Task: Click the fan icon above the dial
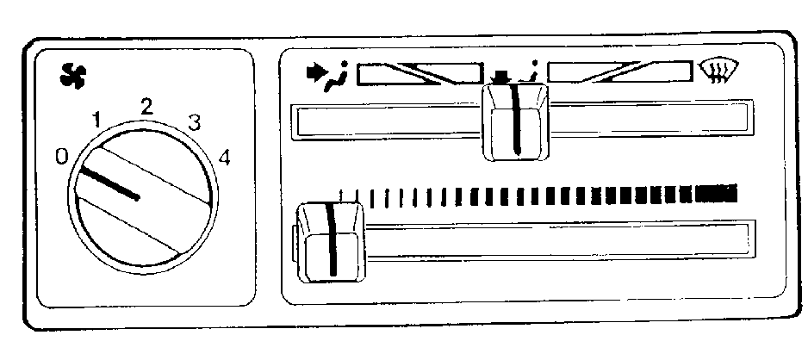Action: (x=73, y=78)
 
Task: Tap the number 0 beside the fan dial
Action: (x=62, y=156)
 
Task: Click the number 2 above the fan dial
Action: (x=146, y=107)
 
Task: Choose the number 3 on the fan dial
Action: (x=195, y=124)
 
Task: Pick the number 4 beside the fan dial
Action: (x=224, y=158)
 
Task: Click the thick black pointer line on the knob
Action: (x=109, y=183)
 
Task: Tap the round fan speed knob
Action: (x=143, y=198)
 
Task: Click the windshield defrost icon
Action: (x=718, y=71)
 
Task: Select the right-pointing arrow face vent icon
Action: (x=326, y=76)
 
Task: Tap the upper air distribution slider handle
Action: (x=515, y=122)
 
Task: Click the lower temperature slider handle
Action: (x=332, y=243)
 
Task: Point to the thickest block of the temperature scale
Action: (x=717, y=193)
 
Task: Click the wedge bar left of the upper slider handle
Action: (x=420, y=74)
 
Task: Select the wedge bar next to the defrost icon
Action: (x=620, y=71)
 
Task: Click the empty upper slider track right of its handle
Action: (x=650, y=119)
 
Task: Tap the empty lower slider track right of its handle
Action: (x=560, y=240)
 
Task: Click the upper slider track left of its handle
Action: (x=387, y=122)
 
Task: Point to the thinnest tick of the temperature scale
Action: (x=340, y=196)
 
